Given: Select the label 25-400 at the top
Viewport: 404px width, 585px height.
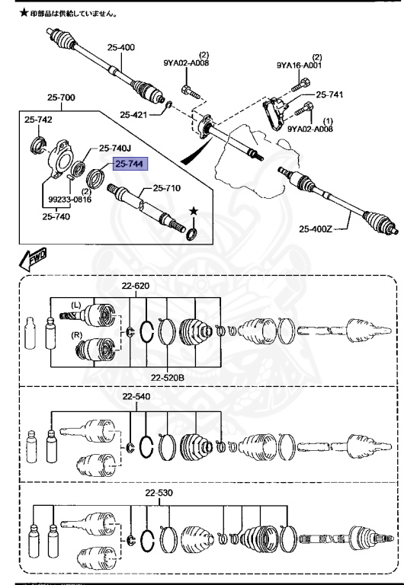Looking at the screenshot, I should (x=120, y=47).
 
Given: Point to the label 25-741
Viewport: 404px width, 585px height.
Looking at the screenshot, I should (x=330, y=94).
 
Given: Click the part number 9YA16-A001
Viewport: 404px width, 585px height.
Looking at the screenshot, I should (x=299, y=66).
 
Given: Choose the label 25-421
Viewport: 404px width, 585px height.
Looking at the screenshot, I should (x=135, y=115).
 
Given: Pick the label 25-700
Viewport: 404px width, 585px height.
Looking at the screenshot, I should (x=61, y=98).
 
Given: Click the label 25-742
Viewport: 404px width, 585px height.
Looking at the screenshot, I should (x=38, y=120).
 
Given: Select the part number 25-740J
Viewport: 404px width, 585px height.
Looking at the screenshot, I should (x=116, y=149).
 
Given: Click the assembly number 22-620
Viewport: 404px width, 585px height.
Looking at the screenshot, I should (x=136, y=286).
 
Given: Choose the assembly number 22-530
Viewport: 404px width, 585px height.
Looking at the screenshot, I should (x=162, y=494).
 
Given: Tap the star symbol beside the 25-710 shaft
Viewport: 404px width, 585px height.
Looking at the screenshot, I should (x=193, y=210).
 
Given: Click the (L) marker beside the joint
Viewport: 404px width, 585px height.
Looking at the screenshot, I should (x=75, y=305).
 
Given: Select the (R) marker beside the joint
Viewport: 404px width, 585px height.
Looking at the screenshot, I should (x=75, y=334).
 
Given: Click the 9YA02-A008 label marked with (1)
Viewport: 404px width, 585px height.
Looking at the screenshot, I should (x=310, y=129).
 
